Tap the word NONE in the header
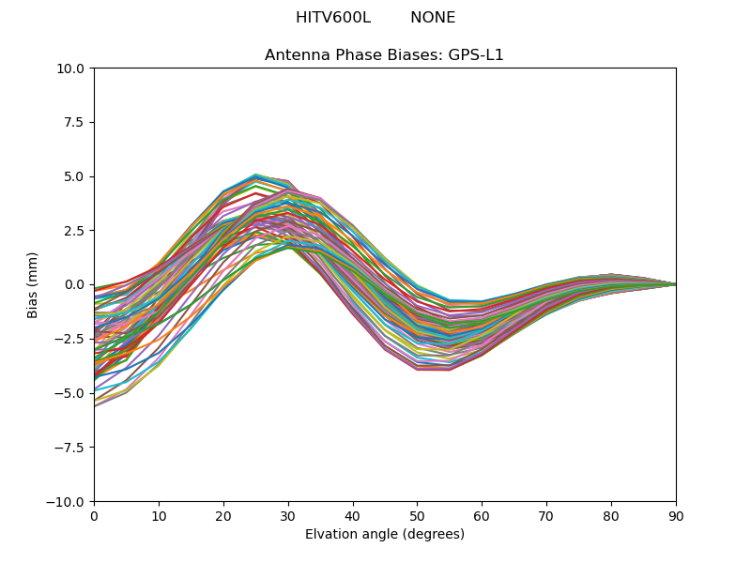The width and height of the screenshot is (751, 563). pyautogui.click(x=433, y=18)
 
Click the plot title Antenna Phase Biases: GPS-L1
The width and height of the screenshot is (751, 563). pyautogui.click(x=384, y=55)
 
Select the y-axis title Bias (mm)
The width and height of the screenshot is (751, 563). pyautogui.click(x=33, y=284)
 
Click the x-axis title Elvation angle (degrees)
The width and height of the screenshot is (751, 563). pyautogui.click(x=384, y=535)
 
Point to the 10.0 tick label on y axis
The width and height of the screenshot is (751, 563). pyautogui.click(x=72, y=68)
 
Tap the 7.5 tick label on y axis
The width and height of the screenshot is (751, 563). pyautogui.click(x=76, y=123)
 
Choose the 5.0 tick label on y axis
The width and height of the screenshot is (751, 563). pyautogui.click(x=76, y=176)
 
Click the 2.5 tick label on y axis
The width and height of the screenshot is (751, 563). pyautogui.click(x=76, y=231)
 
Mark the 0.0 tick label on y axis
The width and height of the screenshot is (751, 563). pyautogui.click(x=76, y=285)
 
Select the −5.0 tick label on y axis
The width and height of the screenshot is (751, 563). pyautogui.click(x=71, y=393)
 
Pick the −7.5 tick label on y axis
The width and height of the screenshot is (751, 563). pyautogui.click(x=71, y=448)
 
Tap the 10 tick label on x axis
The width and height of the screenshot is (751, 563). pyautogui.click(x=159, y=516)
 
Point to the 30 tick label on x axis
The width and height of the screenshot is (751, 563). pyautogui.click(x=288, y=516)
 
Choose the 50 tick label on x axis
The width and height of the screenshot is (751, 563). pyautogui.click(x=417, y=516)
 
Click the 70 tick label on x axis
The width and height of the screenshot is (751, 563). pyautogui.click(x=546, y=516)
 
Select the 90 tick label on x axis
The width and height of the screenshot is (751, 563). pyautogui.click(x=676, y=516)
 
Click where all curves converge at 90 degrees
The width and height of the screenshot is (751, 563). pyautogui.click(x=675, y=284)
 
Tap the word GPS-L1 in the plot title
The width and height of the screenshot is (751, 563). pyautogui.click(x=478, y=55)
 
